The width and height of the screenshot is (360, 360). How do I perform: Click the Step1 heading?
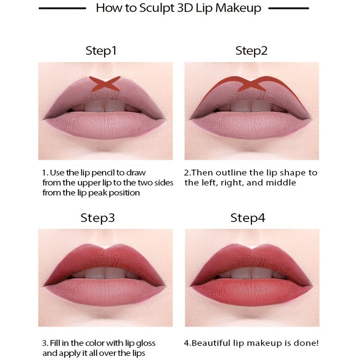click(101, 51)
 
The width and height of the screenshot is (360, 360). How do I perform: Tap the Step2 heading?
click(252, 51)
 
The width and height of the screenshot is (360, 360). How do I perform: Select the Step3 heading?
click(98, 218)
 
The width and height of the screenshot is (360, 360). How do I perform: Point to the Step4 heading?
click(248, 218)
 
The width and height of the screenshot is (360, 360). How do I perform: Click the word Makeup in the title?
click(241, 8)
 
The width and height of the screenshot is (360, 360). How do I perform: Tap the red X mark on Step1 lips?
click(104, 84)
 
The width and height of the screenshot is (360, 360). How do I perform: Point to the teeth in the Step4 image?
click(252, 273)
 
